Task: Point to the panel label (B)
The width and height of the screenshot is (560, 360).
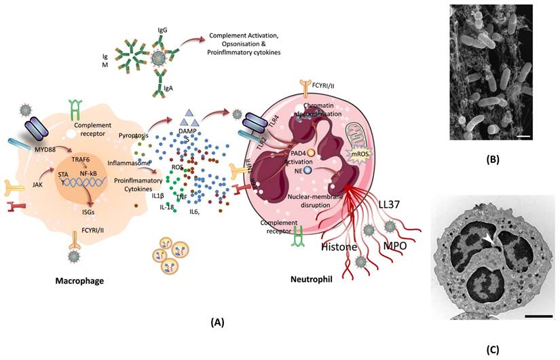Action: point(493,161)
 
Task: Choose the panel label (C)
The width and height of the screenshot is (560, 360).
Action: point(493,350)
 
